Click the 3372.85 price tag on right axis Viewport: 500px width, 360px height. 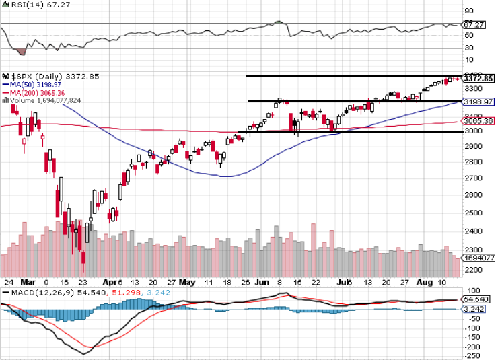pos(479,79)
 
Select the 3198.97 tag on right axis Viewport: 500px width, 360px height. pos(479,102)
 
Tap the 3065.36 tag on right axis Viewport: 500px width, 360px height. pos(479,121)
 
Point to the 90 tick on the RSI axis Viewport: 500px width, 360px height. pos(468,11)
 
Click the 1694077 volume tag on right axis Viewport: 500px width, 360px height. pos(479,258)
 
